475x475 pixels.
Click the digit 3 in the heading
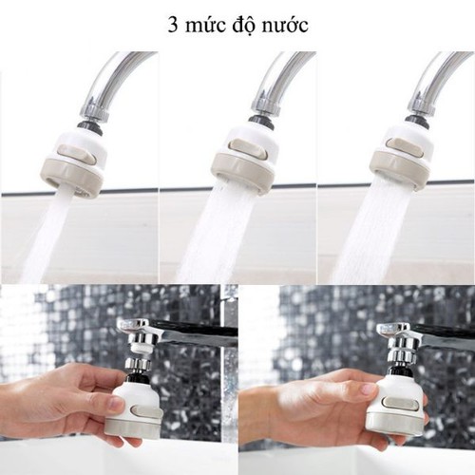173,23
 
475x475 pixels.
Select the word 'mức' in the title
206,23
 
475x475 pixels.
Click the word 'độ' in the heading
244,23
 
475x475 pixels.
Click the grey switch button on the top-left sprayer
79,151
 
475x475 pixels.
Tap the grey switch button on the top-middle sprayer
245,146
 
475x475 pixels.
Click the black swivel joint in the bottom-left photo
138,377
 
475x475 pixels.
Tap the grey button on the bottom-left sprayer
144,410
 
